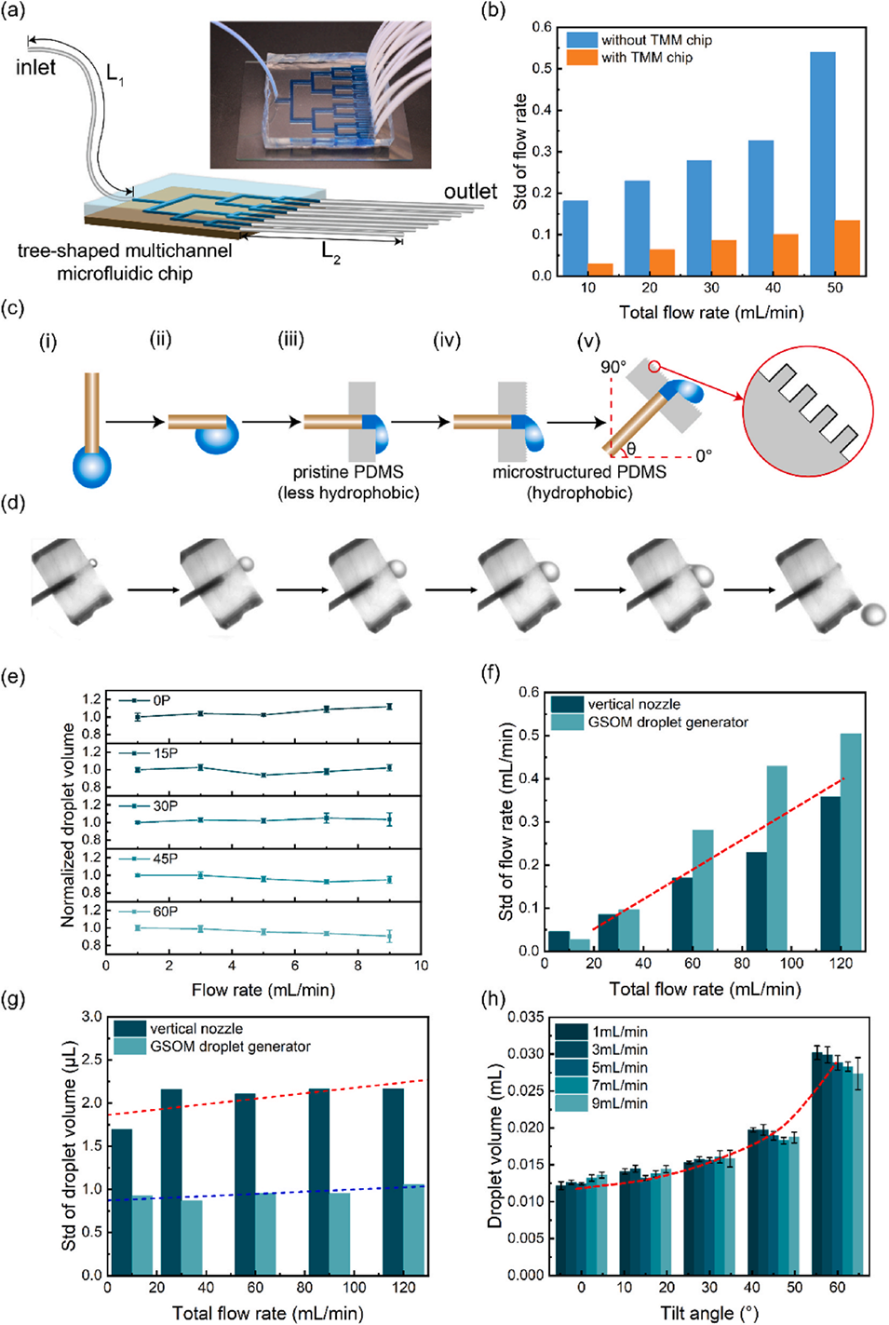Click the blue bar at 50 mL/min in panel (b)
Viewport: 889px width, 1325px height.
click(823, 164)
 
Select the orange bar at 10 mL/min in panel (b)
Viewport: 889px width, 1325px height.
click(600, 269)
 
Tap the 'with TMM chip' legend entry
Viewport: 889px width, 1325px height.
click(646, 58)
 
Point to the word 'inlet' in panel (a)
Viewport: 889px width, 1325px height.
click(35, 67)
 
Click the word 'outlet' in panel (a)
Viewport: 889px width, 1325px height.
click(470, 192)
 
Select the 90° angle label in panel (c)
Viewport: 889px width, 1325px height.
click(613, 367)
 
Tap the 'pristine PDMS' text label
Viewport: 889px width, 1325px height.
click(348, 472)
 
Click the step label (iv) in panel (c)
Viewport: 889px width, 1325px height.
click(447, 341)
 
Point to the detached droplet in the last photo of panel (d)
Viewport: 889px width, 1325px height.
click(873, 614)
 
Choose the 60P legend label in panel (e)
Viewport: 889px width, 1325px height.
click(165, 912)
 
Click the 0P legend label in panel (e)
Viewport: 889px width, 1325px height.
click(161, 700)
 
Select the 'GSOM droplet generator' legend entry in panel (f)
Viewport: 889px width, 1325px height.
click(667, 723)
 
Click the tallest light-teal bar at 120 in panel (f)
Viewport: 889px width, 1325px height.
click(851, 842)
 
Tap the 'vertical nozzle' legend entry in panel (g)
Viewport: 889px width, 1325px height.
click(195, 1029)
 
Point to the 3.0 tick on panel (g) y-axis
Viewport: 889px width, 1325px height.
click(91, 1017)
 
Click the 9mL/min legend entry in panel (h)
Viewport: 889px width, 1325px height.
click(619, 1103)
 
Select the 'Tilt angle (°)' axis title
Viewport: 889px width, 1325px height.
click(709, 1314)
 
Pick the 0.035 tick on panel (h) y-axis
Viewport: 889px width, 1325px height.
click(526, 1017)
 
